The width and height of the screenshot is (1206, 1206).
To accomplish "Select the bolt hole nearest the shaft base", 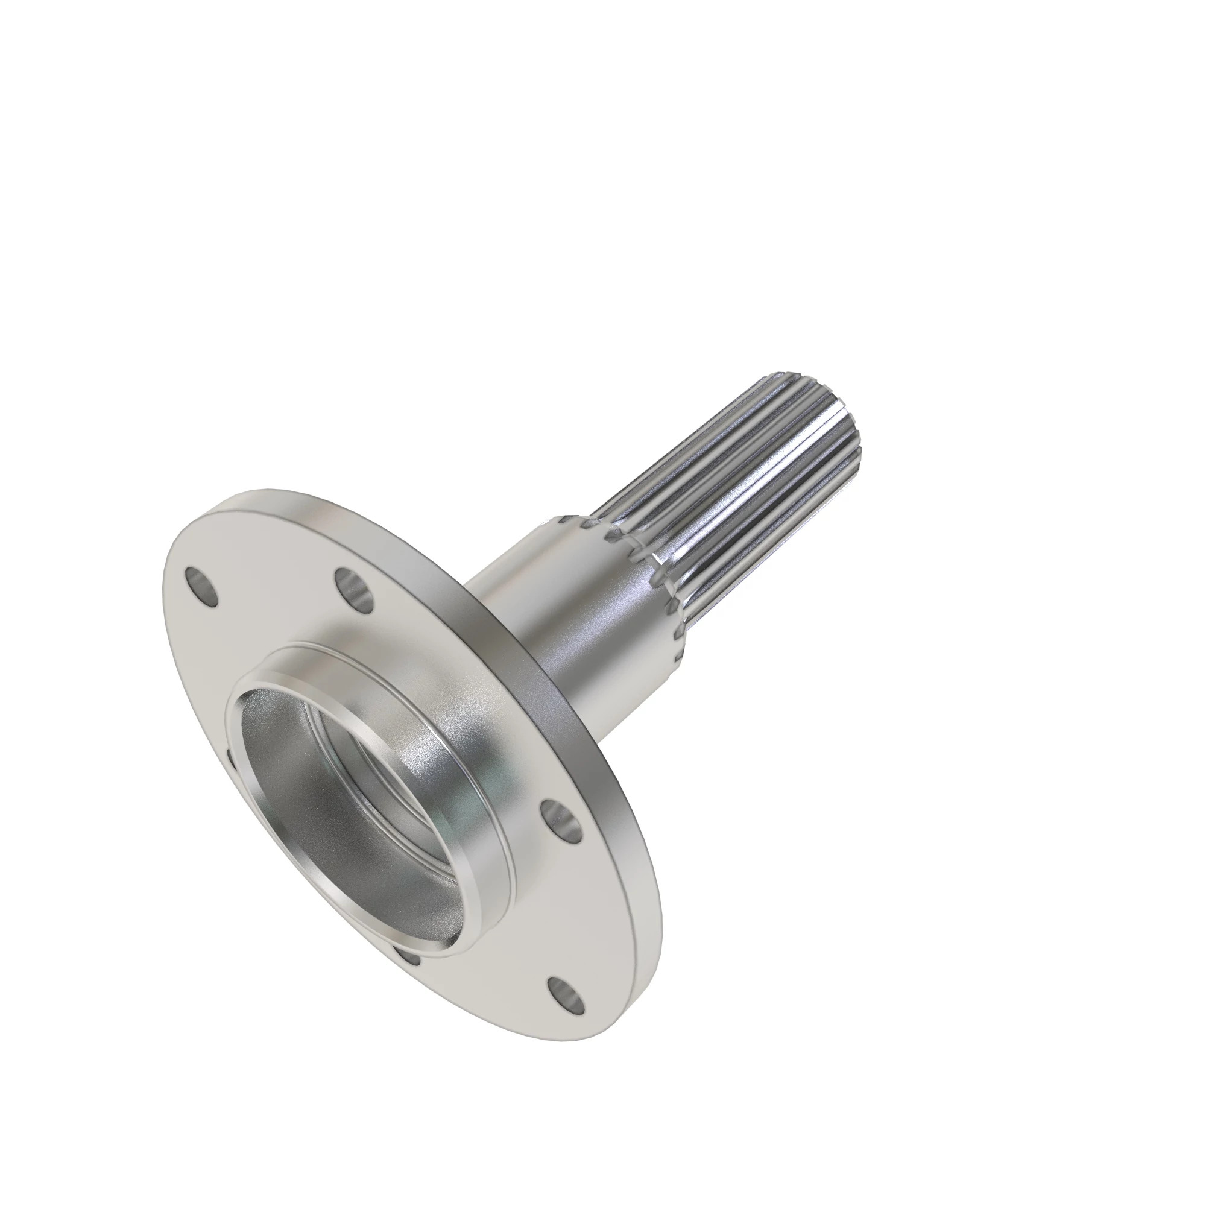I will coord(354,587).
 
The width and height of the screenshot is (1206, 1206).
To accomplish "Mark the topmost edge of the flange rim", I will coord(262,490).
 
